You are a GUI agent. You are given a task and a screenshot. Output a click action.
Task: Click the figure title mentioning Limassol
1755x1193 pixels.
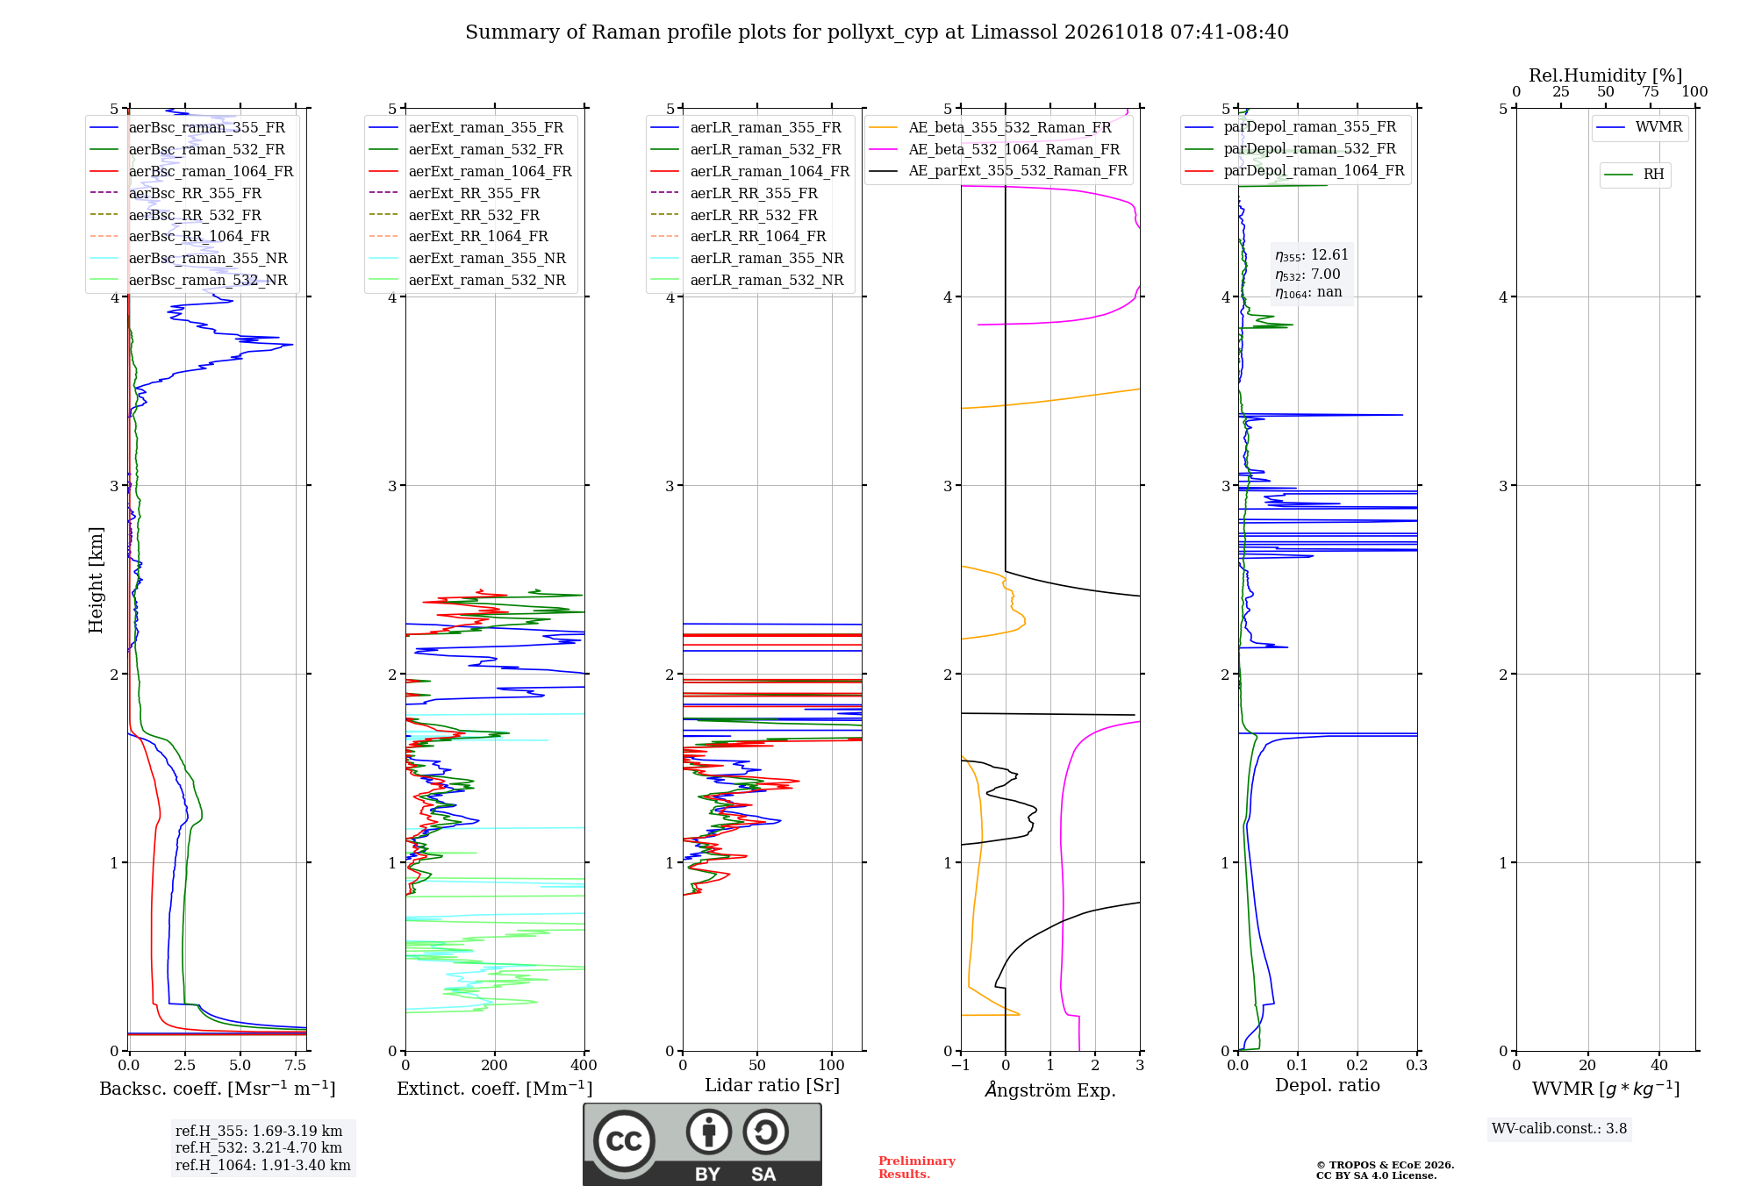pos(877,32)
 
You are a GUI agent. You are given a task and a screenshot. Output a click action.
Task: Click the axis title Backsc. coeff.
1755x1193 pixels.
pos(218,1089)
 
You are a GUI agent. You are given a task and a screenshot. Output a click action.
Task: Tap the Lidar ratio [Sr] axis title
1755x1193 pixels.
pos(772,1086)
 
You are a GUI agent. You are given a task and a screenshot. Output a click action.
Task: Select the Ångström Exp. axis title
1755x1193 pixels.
pos(1050,1089)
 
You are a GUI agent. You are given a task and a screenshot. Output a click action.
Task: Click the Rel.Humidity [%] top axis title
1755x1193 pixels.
pos(1606,75)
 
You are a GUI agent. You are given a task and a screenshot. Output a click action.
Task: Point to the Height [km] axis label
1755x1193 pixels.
pos(97,580)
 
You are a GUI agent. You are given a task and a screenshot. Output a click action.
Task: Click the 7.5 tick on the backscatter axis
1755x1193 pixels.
pos(296,1065)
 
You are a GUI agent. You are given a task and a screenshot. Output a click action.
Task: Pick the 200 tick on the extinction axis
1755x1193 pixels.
pos(495,1065)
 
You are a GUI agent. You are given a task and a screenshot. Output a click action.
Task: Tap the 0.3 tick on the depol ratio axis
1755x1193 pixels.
pos(1417,1065)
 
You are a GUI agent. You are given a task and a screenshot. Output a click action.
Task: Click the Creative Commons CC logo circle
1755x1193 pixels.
pos(624,1141)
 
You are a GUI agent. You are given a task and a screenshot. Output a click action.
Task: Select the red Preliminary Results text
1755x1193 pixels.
pos(917,1168)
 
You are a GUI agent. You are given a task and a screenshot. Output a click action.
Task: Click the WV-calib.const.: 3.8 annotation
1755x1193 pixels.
pos(1559,1129)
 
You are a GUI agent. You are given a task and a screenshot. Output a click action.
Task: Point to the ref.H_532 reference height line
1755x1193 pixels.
pos(259,1147)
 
